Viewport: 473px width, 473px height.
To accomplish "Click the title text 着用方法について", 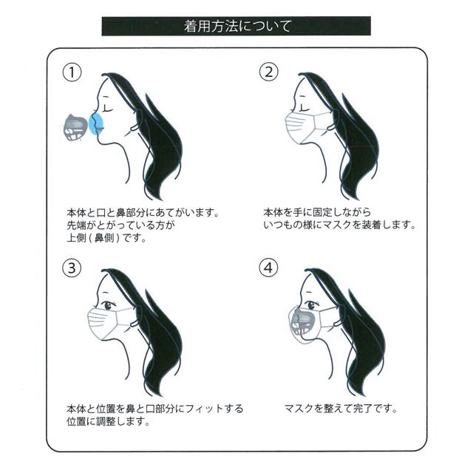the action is pyautogui.click(x=237, y=27).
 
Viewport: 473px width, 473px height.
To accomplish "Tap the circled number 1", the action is pyautogui.click(x=72, y=72).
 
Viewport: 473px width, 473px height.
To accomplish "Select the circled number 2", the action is pyautogui.click(x=269, y=72).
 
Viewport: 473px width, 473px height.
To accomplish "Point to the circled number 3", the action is pyautogui.click(x=72, y=268).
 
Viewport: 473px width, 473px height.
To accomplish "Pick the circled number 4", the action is pyautogui.click(x=269, y=268).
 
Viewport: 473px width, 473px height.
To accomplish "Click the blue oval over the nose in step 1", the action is pyautogui.click(x=97, y=124).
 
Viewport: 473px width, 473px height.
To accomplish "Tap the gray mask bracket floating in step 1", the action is pyautogui.click(x=75, y=128).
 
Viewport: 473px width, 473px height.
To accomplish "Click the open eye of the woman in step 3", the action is pyautogui.click(x=109, y=305).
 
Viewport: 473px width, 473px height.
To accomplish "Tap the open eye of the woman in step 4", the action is pyautogui.click(x=311, y=305).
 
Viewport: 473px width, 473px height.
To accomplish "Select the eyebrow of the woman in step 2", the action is pyautogui.click(x=302, y=97).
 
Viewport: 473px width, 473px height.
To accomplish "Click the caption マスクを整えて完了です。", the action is pyautogui.click(x=341, y=409).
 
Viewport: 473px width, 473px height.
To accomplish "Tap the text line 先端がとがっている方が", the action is pyautogui.click(x=120, y=225).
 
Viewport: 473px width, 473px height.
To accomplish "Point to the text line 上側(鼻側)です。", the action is pyautogui.click(x=106, y=238).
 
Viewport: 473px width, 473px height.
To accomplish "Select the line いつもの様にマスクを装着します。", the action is pyautogui.click(x=339, y=225).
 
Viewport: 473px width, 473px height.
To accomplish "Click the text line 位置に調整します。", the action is pyautogui.click(x=109, y=421).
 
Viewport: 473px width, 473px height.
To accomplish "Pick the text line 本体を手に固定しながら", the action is pyautogui.click(x=317, y=212).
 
